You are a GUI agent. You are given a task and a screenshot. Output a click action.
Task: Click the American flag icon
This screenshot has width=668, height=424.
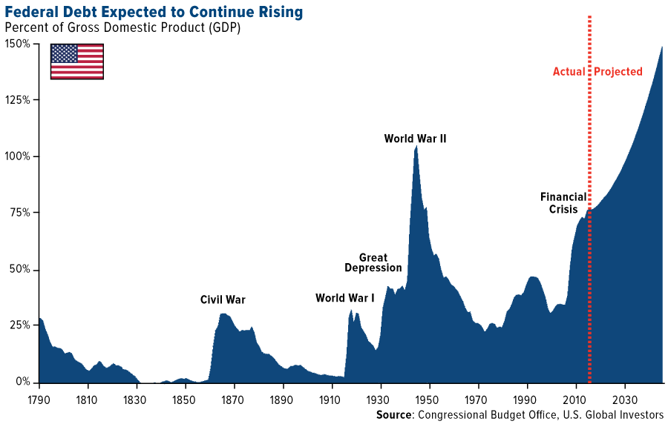[x=76, y=62]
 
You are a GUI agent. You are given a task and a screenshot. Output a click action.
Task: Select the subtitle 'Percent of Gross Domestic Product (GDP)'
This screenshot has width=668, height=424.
[x=122, y=27]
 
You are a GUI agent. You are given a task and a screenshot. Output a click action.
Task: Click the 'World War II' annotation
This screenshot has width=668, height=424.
[x=415, y=139]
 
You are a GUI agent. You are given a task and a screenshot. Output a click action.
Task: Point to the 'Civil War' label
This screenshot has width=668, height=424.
[x=223, y=300]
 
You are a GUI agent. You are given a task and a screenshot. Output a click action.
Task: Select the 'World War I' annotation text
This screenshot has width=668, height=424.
[x=344, y=298]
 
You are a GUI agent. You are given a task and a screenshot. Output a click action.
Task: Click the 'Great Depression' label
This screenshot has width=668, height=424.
[x=373, y=263]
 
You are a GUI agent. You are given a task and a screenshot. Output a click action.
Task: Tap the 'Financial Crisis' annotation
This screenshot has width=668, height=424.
[x=563, y=204]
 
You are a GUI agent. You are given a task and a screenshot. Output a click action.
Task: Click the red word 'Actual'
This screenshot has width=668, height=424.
[x=569, y=72]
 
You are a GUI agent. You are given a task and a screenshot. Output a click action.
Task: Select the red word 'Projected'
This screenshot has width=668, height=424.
[x=618, y=72]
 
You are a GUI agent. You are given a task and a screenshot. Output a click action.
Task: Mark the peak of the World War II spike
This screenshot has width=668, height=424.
[x=416, y=147]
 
